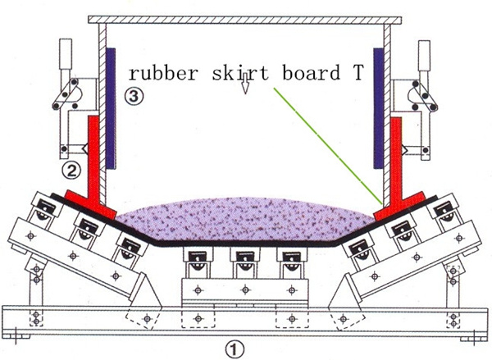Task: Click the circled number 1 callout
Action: click(235, 349)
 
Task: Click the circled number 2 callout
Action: click(71, 171)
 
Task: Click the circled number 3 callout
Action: click(134, 96)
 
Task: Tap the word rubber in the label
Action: click(163, 72)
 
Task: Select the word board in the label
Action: click(312, 72)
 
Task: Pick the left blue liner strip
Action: click(111, 108)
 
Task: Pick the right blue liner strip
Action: click(378, 108)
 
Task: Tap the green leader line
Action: click(328, 146)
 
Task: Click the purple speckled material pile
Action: click(245, 219)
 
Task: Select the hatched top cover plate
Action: click(244, 20)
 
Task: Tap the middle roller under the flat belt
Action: click(245, 262)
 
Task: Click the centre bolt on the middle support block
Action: click(245, 289)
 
